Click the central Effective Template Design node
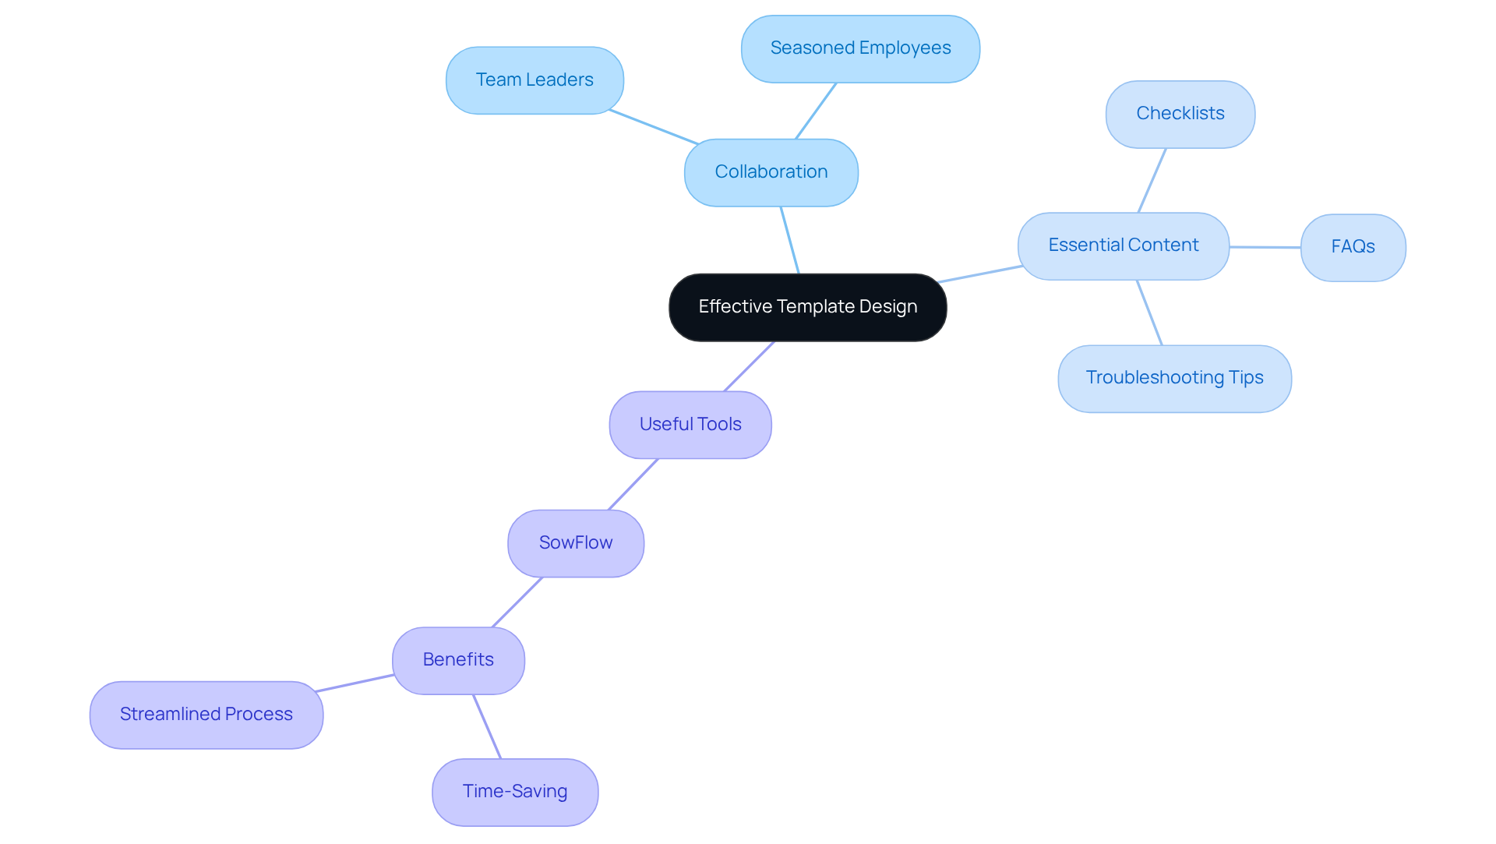click(807, 307)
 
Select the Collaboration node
click(771, 172)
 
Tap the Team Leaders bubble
click(535, 80)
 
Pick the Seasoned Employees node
click(860, 48)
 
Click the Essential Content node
click(1123, 245)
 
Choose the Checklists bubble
click(1180, 114)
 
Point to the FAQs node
click(1353, 247)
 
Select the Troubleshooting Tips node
click(1174, 378)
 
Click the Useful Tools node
click(690, 425)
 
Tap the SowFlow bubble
click(576, 543)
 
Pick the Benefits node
click(458, 660)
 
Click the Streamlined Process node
click(206, 715)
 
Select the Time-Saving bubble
click(515, 792)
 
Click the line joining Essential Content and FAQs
click(1265, 247)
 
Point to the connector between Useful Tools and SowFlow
click(633, 484)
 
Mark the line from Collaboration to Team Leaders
click(653, 127)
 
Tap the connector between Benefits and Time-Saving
click(487, 726)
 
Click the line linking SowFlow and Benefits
click(517, 602)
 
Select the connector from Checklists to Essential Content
click(1152, 180)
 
